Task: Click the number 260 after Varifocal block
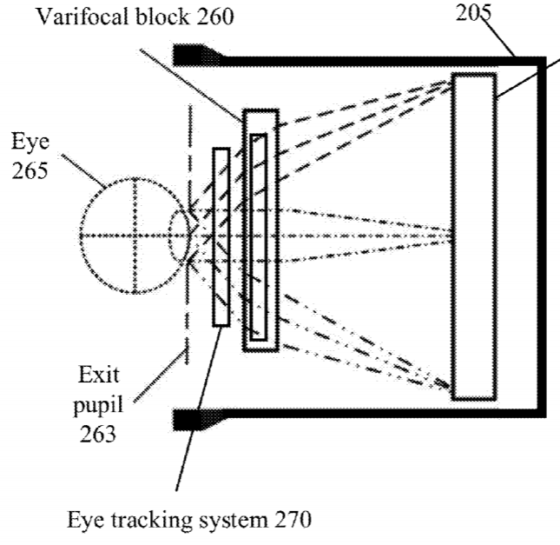click(215, 17)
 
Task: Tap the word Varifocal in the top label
click(83, 17)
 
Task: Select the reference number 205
click(473, 14)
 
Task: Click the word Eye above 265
click(30, 142)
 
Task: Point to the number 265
click(30, 170)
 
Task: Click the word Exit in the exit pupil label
click(99, 376)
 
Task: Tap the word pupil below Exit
click(98, 406)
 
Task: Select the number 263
click(97, 434)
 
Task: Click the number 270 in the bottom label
click(293, 520)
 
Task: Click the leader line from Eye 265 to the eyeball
click(83, 171)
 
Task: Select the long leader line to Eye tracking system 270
click(199, 408)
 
